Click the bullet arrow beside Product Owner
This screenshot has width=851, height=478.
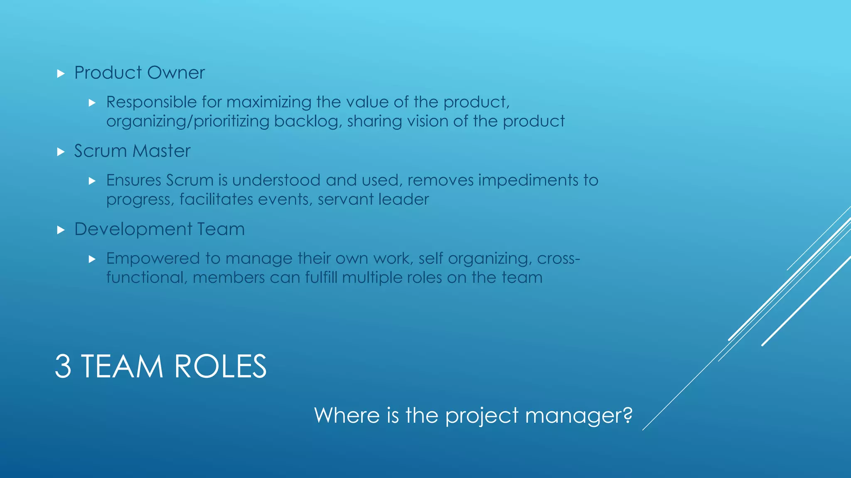(x=61, y=74)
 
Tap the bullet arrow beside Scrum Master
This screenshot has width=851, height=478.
(x=61, y=152)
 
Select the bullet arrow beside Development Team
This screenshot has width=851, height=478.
(x=61, y=230)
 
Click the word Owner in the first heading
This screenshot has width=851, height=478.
(x=176, y=73)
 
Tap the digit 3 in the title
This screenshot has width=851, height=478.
(x=63, y=366)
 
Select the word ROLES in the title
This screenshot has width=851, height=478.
(x=220, y=366)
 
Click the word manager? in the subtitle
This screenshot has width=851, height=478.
(x=578, y=415)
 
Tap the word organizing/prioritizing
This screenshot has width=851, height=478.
(x=188, y=122)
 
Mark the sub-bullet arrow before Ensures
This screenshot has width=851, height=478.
(x=92, y=181)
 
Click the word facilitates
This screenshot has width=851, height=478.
(x=216, y=200)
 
